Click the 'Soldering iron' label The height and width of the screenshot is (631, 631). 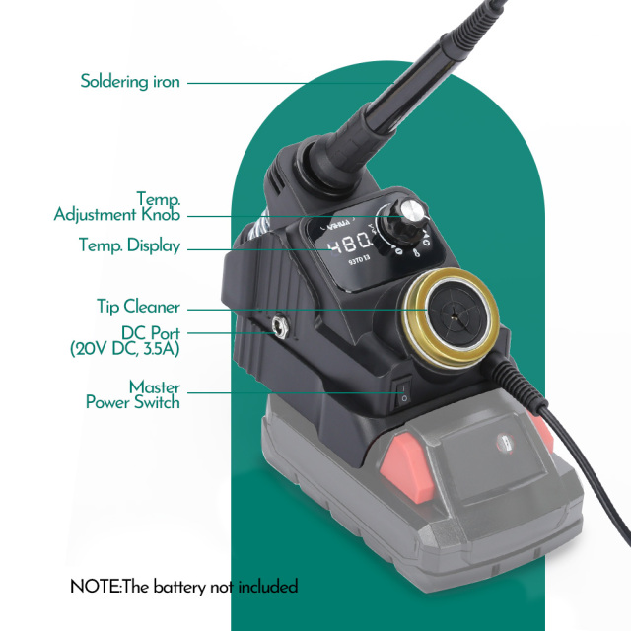click(x=130, y=82)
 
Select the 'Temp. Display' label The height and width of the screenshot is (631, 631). click(x=129, y=245)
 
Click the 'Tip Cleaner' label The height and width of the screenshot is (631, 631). click(x=138, y=307)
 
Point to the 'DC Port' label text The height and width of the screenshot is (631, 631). click(x=151, y=332)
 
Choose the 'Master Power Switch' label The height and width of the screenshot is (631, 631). click(x=132, y=394)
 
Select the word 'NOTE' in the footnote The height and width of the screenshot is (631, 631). click(x=94, y=587)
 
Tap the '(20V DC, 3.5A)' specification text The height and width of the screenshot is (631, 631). click(x=124, y=348)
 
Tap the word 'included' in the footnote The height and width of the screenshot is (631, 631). click(x=266, y=587)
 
